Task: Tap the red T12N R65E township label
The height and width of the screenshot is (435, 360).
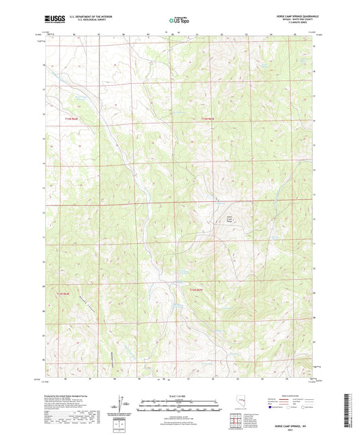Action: [195, 290]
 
